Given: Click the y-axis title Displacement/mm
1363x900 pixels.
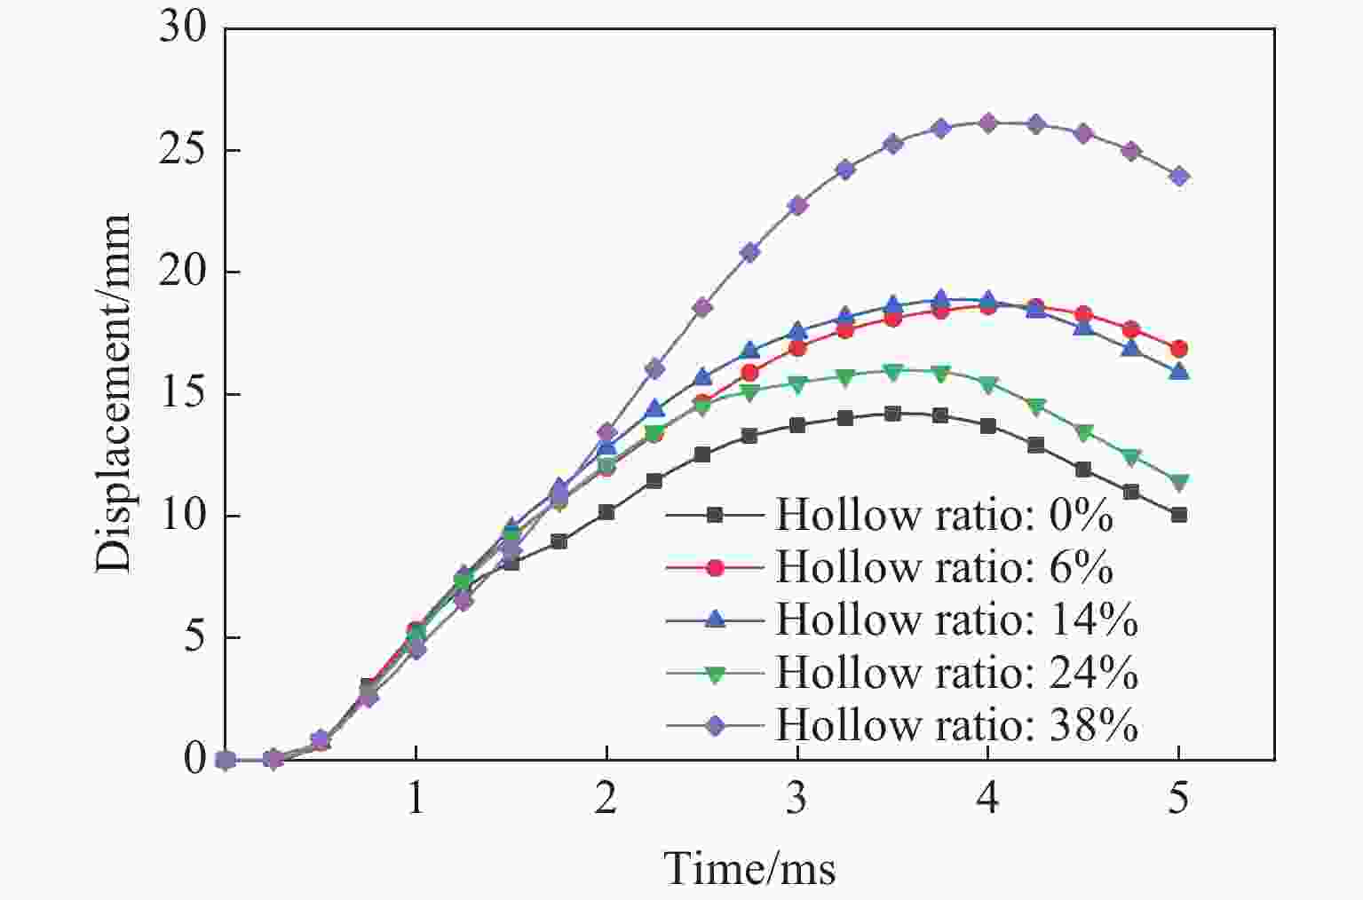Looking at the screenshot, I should point(114,393).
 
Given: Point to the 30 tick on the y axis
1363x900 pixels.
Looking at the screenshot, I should point(183,28).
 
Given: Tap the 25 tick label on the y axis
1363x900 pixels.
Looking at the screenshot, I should point(183,150).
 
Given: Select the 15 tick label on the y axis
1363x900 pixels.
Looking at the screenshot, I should point(183,394).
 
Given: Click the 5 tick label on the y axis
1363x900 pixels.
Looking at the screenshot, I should point(194,638).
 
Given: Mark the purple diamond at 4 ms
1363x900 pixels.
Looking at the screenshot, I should point(987,122).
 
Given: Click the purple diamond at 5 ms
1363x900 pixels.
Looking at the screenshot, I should point(1178,177).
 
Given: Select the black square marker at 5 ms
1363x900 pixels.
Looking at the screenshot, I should point(1178,515).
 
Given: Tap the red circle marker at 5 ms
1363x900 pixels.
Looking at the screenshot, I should point(1178,349).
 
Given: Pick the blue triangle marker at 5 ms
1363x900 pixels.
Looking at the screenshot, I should point(1178,371).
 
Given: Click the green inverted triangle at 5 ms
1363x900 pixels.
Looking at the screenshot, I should point(1178,483).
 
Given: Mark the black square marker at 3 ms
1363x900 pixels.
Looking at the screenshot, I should point(796,425).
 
